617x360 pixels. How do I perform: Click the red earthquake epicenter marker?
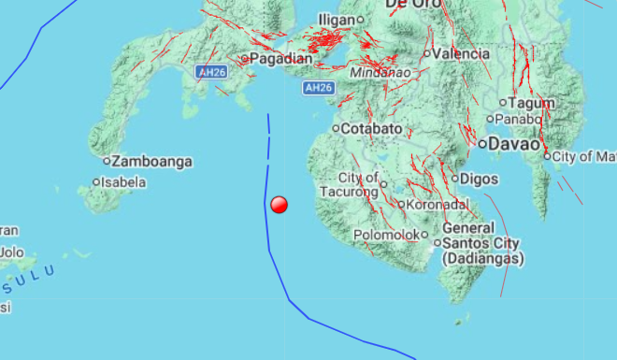pyautogui.click(x=279, y=205)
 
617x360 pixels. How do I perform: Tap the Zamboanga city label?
pyautogui.click(x=152, y=162)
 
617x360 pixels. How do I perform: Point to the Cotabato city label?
pyautogui.click(x=372, y=128)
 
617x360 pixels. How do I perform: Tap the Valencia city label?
pyautogui.click(x=461, y=53)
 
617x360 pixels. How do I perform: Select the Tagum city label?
pyautogui.click(x=533, y=102)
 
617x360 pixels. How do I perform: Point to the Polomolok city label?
pyautogui.click(x=387, y=235)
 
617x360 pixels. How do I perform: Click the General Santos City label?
pyautogui.click(x=481, y=242)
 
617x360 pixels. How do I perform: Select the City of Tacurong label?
pyautogui.click(x=359, y=184)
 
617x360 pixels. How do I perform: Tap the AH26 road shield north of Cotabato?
pyautogui.click(x=319, y=88)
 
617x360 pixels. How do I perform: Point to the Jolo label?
pyautogui.click(x=11, y=252)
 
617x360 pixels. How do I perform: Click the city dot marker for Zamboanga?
pyautogui.click(x=107, y=162)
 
